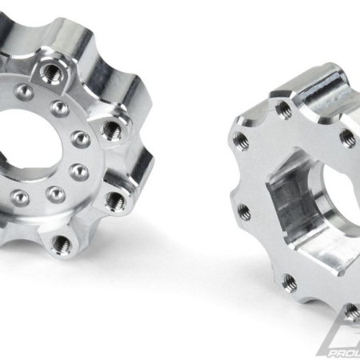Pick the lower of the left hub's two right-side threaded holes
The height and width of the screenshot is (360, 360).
[x=113, y=197]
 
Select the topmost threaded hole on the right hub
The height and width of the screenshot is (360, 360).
[x=282, y=107]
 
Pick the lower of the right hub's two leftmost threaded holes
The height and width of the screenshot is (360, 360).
[x=244, y=211]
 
